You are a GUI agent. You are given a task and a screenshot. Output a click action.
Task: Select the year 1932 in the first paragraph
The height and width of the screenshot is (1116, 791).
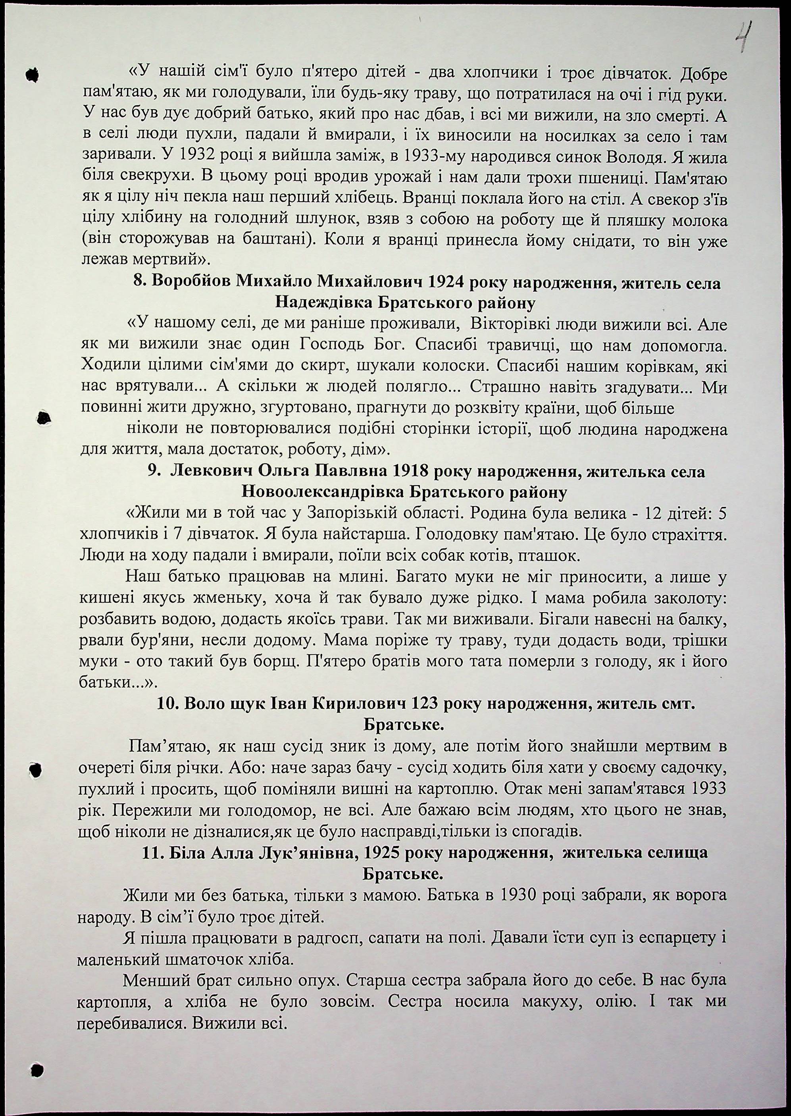[197, 158]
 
